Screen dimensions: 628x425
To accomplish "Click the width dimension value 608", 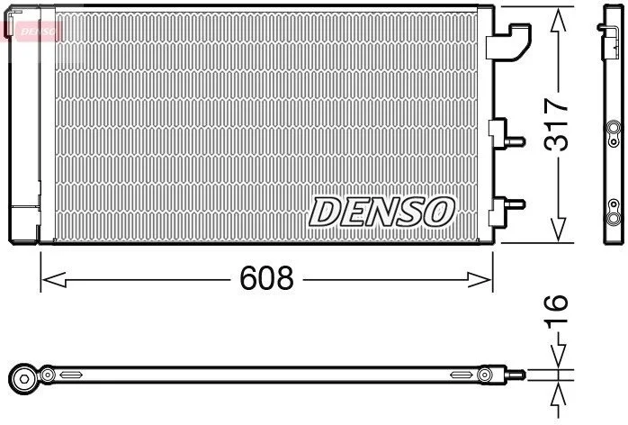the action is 266,278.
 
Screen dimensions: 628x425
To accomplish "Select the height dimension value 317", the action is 556,124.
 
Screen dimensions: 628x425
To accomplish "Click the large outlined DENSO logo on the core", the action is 381,212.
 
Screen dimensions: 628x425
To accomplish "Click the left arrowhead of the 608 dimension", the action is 54,279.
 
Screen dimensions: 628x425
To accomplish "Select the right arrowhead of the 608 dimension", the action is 480,279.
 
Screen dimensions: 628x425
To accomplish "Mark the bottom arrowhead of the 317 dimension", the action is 559,231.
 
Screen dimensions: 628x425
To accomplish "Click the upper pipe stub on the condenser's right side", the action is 516,141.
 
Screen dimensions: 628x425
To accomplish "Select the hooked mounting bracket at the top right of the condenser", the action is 508,42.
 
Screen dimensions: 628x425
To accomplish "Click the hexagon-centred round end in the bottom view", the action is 23,378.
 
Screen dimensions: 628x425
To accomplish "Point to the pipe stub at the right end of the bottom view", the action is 516,375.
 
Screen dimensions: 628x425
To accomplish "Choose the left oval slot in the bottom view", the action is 71,375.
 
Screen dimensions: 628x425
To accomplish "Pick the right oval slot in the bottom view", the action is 462,375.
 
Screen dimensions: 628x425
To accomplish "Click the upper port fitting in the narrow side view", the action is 614,133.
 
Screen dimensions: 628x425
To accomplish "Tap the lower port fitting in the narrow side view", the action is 614,212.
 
